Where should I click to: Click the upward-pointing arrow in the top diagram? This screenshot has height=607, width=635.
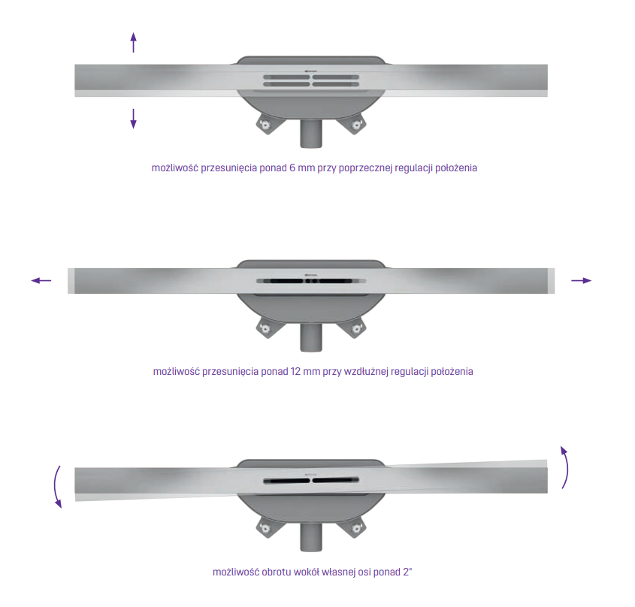pyautogui.click(x=133, y=43)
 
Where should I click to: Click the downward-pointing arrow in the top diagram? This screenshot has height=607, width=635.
pyautogui.click(x=133, y=119)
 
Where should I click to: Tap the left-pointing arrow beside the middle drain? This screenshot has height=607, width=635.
pyautogui.click(x=41, y=280)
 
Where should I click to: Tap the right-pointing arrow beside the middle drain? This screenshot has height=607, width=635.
pyautogui.click(x=581, y=280)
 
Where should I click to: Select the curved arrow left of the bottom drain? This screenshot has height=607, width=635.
pyautogui.click(x=56, y=487)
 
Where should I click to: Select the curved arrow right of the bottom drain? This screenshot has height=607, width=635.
pyautogui.click(x=566, y=467)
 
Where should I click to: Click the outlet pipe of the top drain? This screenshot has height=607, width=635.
pyautogui.click(x=311, y=134)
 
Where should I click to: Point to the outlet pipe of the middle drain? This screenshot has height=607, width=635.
pyautogui.click(x=311, y=337)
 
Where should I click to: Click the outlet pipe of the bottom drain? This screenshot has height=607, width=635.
pyautogui.click(x=311, y=537)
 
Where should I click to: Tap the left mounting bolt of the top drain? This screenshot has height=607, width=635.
pyautogui.click(x=266, y=125)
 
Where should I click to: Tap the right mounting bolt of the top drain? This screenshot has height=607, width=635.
pyautogui.click(x=356, y=125)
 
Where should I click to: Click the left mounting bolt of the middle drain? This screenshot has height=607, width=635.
pyautogui.click(x=266, y=329)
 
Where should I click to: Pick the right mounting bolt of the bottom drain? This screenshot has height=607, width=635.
pyautogui.click(x=356, y=528)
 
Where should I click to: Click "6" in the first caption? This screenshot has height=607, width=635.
pyautogui.click(x=292, y=168)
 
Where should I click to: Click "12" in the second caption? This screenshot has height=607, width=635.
pyautogui.click(x=295, y=371)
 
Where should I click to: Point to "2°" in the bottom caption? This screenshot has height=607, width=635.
pyautogui.click(x=407, y=572)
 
